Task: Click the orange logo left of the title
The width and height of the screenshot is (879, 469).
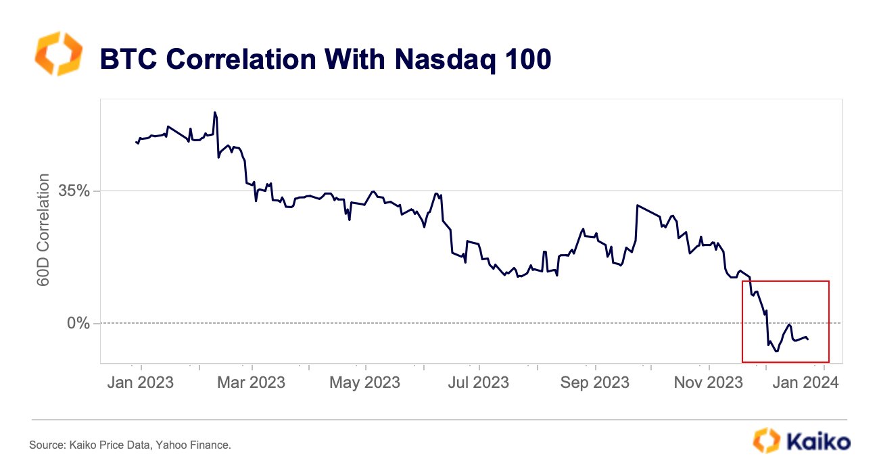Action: (x=58, y=53)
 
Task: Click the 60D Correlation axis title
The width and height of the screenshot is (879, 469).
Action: (x=43, y=230)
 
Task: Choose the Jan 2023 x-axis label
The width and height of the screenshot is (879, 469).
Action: (x=141, y=382)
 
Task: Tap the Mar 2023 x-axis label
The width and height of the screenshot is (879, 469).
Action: (x=252, y=382)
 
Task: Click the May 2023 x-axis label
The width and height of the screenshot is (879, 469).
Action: (x=364, y=382)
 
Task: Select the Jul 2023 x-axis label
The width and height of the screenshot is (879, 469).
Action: (x=479, y=382)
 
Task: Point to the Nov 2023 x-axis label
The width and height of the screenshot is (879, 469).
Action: (x=709, y=382)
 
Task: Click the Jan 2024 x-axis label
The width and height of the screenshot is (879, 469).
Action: (x=805, y=382)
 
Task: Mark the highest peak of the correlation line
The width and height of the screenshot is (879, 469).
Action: (x=215, y=112)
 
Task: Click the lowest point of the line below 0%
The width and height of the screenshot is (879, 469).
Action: (x=776, y=351)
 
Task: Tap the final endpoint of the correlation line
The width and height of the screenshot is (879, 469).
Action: (x=808, y=339)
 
